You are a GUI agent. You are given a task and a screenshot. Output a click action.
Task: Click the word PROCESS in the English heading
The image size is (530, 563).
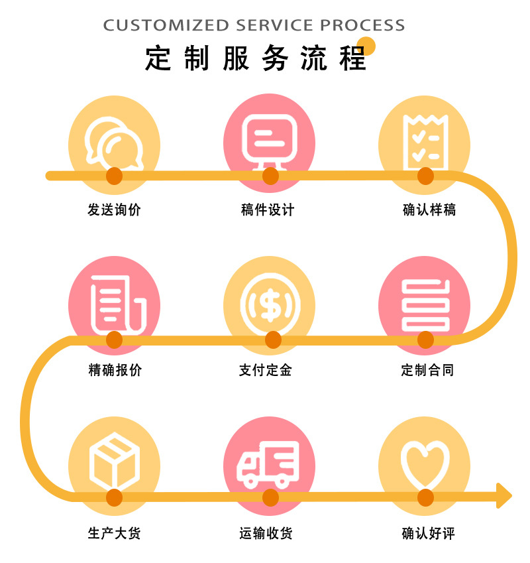click(x=362, y=26)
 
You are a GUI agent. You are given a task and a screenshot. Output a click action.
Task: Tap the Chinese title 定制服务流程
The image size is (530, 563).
click(x=256, y=59)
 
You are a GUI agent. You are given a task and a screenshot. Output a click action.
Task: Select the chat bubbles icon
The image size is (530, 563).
click(x=114, y=142)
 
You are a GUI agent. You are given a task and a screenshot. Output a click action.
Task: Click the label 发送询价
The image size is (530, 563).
click(x=114, y=210)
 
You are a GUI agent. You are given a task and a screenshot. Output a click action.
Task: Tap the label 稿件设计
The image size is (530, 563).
click(x=268, y=210)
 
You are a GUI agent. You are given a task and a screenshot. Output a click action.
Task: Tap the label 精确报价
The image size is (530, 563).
click(x=115, y=370)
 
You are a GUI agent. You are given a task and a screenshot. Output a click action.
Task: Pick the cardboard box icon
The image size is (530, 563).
click(x=114, y=460)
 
